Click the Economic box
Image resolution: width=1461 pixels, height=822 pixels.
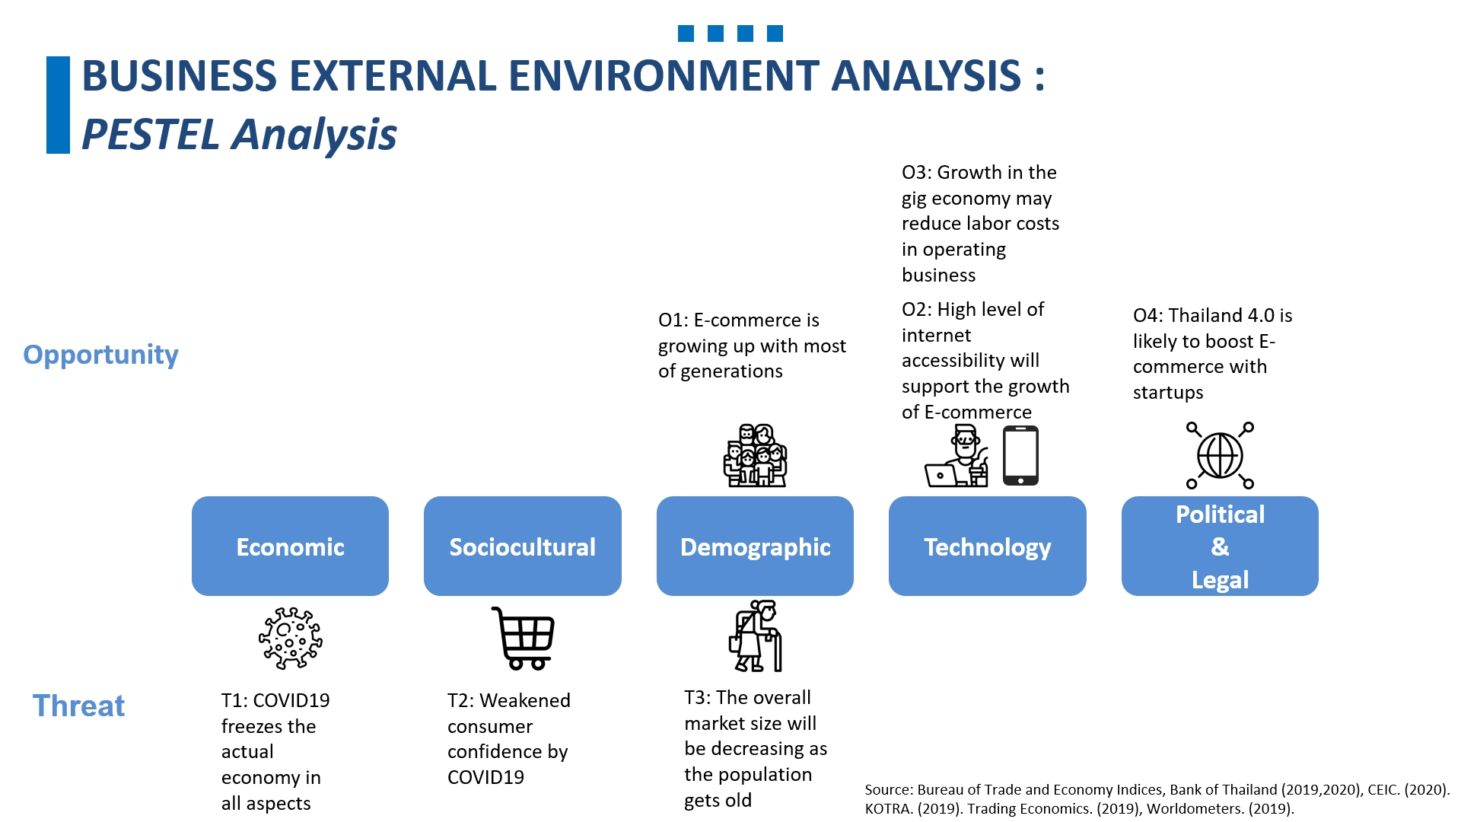coord(290,546)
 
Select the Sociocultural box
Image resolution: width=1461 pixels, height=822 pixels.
coord(522,546)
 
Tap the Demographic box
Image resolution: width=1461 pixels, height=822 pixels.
coord(755,546)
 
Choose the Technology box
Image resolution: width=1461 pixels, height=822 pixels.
coord(987,546)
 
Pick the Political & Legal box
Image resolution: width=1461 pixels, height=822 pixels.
coord(1219,546)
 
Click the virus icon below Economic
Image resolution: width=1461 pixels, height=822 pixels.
coord(290,638)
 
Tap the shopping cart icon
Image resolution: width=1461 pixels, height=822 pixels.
coord(524,638)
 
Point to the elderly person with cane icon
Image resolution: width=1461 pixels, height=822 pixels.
coord(756,636)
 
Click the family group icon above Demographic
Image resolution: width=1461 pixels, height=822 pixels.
coord(755,456)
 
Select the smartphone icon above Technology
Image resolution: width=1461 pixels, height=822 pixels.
coord(1020,455)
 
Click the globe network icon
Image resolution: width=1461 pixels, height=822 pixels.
coord(1220,455)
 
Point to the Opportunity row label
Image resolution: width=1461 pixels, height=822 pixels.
coord(100,355)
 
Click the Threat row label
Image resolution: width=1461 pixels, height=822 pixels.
coord(78,706)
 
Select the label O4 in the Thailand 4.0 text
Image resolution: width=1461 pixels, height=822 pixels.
coord(1145,316)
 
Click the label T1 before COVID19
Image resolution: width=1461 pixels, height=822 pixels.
coord(233,700)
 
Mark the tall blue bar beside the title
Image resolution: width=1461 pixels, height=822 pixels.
coord(58,105)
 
